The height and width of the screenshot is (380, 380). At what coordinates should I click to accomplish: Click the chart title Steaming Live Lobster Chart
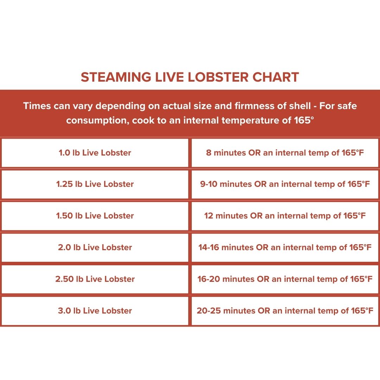click(x=190, y=77)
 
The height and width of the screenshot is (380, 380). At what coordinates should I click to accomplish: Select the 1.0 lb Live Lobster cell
click(x=95, y=153)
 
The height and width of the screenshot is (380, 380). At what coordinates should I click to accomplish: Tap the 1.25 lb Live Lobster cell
click(x=95, y=184)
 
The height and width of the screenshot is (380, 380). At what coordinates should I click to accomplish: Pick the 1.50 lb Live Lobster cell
click(x=95, y=216)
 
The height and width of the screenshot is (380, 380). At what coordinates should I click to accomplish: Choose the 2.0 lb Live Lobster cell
click(x=95, y=247)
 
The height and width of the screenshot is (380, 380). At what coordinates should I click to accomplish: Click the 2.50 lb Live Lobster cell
click(x=95, y=279)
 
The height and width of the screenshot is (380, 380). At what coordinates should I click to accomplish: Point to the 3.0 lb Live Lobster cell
click(x=95, y=311)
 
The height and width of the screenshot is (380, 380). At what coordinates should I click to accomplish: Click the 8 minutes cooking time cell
click(x=285, y=153)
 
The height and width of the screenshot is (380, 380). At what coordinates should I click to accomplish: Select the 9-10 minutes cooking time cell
click(x=285, y=184)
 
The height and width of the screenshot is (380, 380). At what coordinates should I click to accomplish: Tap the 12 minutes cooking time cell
click(x=285, y=216)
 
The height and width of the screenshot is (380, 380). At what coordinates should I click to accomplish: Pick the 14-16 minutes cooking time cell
click(x=285, y=247)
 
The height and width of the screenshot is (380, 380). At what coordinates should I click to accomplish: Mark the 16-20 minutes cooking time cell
click(x=285, y=279)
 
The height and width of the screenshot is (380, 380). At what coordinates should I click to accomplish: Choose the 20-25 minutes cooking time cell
click(x=285, y=311)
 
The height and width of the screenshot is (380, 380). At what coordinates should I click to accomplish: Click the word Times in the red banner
click(x=37, y=106)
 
